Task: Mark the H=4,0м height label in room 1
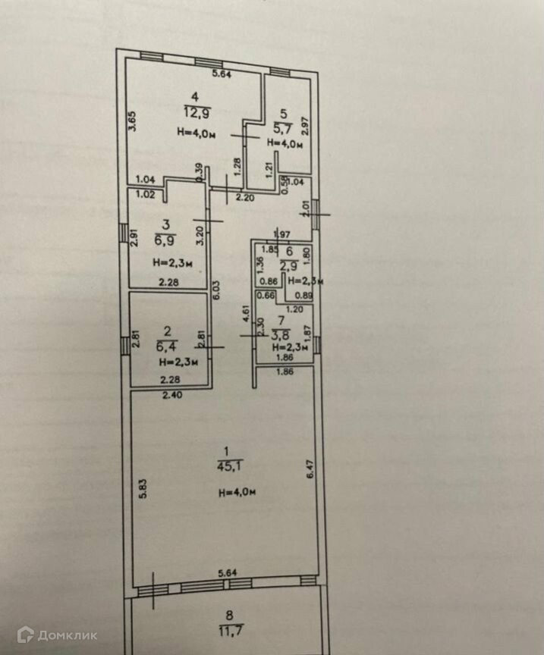click(x=237, y=493)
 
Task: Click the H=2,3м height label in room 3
click(x=171, y=263)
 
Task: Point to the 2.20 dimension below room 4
click(x=244, y=197)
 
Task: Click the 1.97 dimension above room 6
click(x=282, y=233)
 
